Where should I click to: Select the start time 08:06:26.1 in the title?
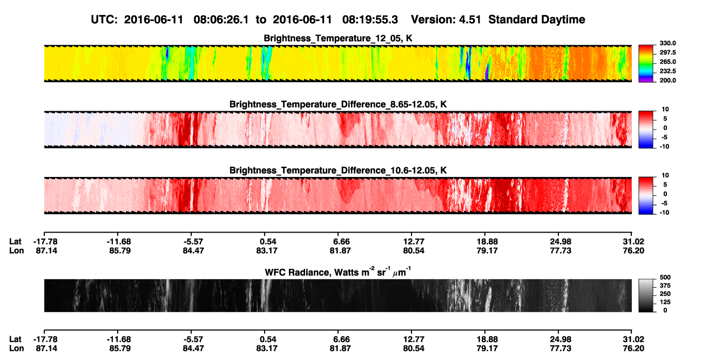click(221, 19)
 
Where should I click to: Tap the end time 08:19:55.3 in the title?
click(370, 19)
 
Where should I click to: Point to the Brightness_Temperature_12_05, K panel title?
click(338, 38)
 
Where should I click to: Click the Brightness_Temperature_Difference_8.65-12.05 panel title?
click(338, 104)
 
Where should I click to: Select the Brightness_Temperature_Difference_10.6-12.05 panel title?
click(338, 171)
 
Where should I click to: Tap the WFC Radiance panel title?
click(338, 271)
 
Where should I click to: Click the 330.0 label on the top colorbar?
click(667, 43)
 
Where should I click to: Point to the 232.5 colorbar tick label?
click(667, 71)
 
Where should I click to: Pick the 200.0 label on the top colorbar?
click(667, 80)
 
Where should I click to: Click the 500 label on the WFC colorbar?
click(665, 277)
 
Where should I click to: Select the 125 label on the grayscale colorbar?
click(665, 302)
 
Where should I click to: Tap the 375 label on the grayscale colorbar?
click(665, 286)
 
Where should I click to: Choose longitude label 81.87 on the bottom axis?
click(340, 349)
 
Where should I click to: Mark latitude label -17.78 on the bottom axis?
click(45, 339)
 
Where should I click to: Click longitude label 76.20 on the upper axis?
click(633, 250)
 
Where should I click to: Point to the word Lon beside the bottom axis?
click(16, 349)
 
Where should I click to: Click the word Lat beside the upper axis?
click(15, 242)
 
